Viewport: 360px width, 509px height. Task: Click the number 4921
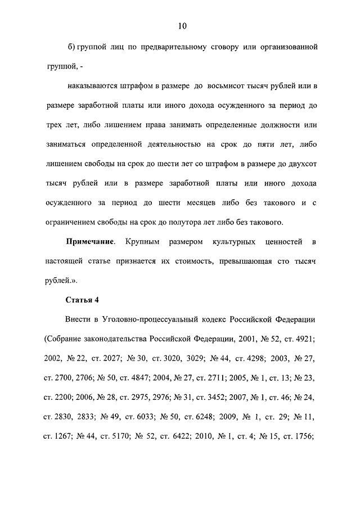pyautogui.click(x=302, y=339)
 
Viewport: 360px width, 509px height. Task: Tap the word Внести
pyautogui.click(x=79, y=320)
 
